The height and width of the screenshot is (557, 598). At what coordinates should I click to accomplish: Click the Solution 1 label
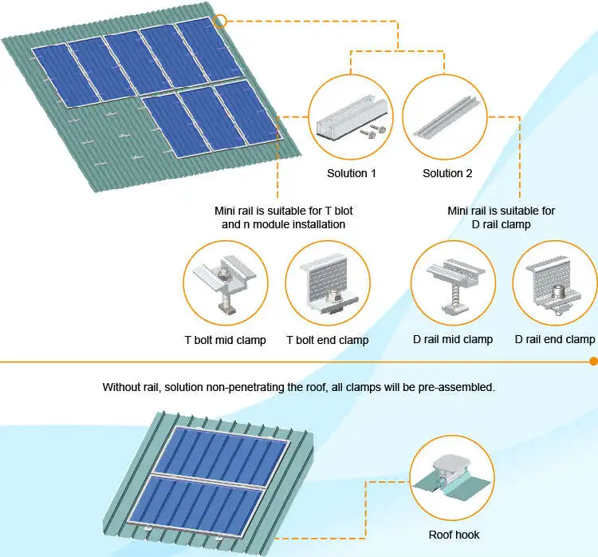pos(351,173)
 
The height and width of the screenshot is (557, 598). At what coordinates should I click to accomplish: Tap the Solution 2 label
pos(447,173)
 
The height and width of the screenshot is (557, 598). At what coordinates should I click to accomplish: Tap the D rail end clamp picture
pos(555,282)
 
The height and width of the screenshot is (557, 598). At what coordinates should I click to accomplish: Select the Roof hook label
pos(454,535)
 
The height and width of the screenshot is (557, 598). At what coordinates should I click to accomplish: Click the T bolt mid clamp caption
pos(226,341)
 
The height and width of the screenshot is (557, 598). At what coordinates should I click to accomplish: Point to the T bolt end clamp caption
pos(328,341)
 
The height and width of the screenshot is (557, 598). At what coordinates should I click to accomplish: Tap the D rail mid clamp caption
pos(453,339)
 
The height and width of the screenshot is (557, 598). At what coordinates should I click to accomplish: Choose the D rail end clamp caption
pos(555,339)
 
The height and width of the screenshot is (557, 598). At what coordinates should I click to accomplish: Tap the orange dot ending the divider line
pos(593,361)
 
